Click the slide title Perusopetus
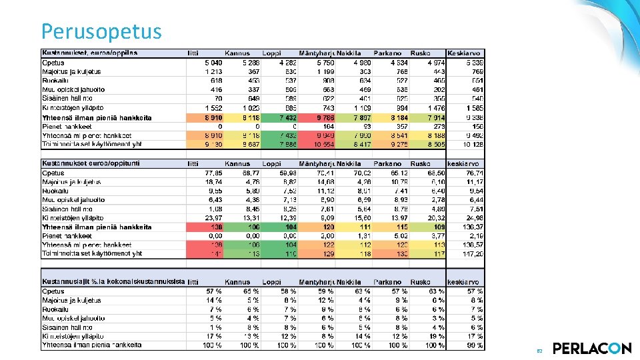pyautogui.click(x=101, y=31)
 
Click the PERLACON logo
pyautogui.click(x=591, y=348)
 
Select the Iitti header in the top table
pyautogui.click(x=193, y=53)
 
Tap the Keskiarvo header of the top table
pyautogui.click(x=464, y=53)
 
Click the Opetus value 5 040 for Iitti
pyautogui.click(x=213, y=62)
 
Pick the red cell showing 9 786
pyautogui.click(x=324, y=117)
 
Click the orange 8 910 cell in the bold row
pyautogui.click(x=213, y=117)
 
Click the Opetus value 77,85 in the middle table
pyautogui.click(x=213, y=173)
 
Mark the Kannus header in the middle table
pyautogui.click(x=237, y=163)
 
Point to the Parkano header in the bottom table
pyautogui.click(x=387, y=282)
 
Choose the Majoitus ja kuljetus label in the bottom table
pyautogui.click(x=71, y=300)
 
